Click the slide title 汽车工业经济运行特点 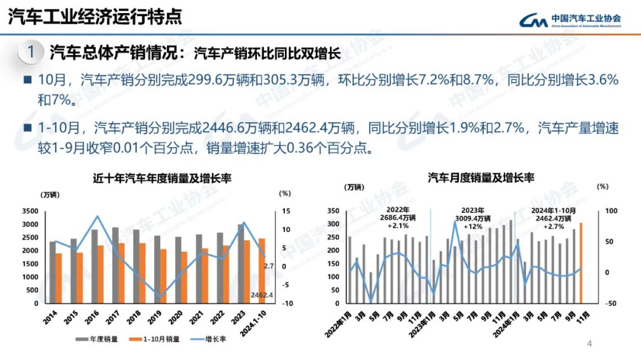click(95, 17)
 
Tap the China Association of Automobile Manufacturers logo click(570, 20)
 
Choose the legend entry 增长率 click(208, 339)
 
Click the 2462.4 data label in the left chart click(262, 295)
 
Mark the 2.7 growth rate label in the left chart click(269, 267)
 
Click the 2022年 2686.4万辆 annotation click(398, 218)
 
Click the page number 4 click(589, 343)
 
